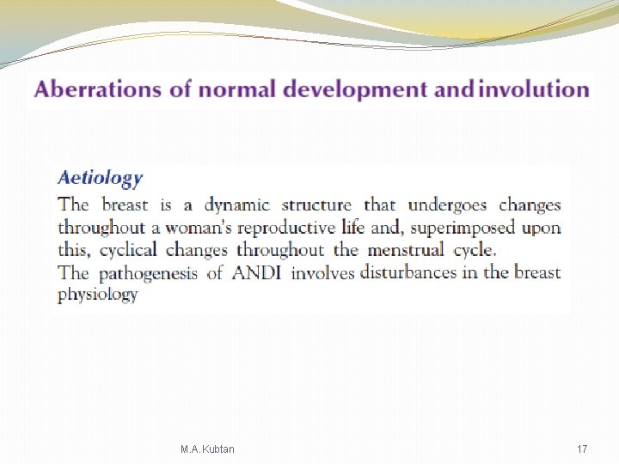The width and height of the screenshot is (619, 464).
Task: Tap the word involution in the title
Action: pyautogui.click(x=533, y=89)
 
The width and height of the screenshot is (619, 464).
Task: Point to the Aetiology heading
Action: pyautogui.click(x=100, y=179)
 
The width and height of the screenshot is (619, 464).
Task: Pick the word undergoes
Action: pyautogui.click(x=447, y=205)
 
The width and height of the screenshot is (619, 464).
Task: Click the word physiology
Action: pyautogui.click(x=97, y=295)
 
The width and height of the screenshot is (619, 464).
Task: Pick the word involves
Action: pyautogui.click(x=323, y=273)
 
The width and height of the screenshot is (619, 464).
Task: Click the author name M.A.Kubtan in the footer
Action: pyautogui.click(x=207, y=449)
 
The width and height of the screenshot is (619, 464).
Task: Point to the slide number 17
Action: pyautogui.click(x=582, y=449)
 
